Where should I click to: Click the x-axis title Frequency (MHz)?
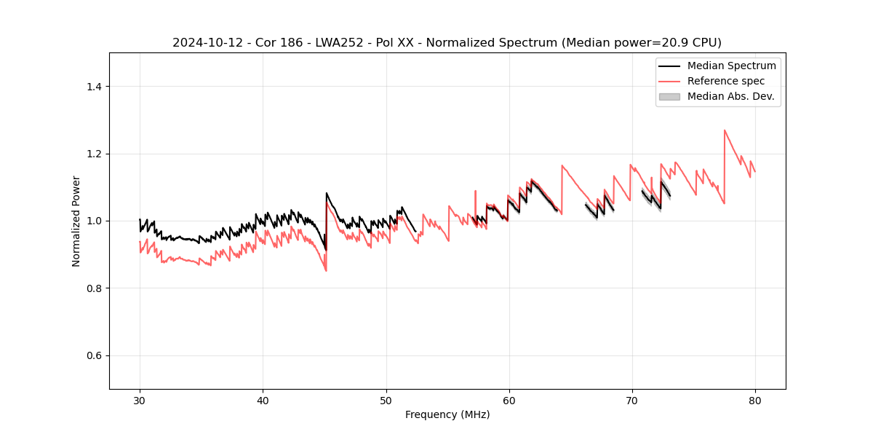(x=447, y=414)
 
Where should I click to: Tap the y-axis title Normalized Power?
(x=76, y=221)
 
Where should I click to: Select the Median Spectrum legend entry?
(x=731, y=66)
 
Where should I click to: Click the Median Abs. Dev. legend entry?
(x=730, y=96)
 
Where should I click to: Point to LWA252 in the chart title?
(x=341, y=43)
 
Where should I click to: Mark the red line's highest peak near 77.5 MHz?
(x=725, y=130)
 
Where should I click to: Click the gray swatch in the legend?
(x=669, y=96)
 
